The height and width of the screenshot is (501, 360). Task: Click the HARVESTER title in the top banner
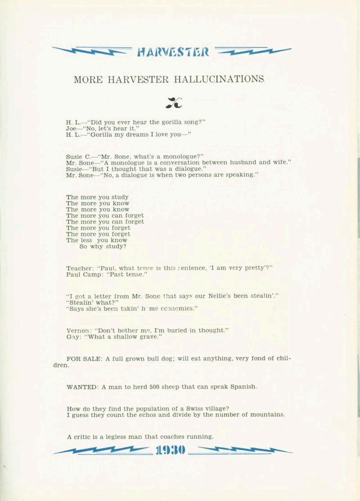(173, 52)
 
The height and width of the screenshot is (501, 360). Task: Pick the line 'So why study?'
(103, 246)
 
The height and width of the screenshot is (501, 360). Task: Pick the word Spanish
(243, 387)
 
